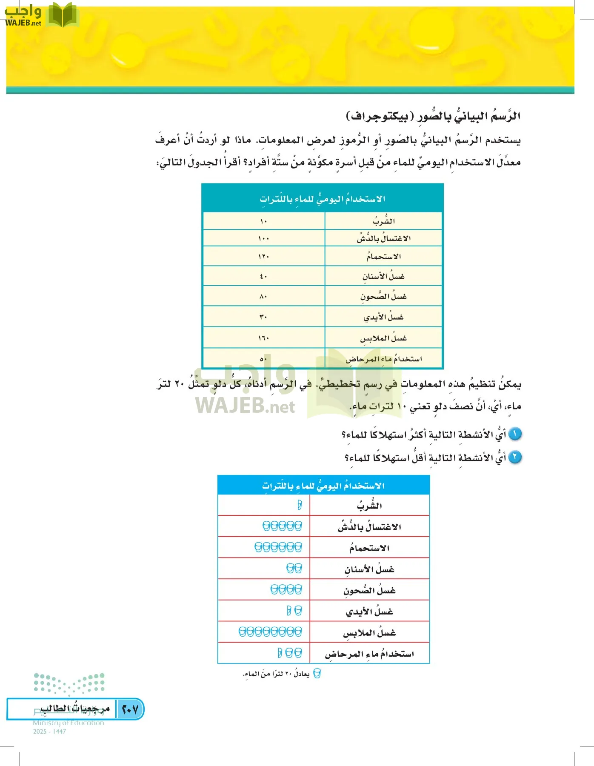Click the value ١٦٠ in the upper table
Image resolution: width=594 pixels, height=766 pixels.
[x=263, y=338]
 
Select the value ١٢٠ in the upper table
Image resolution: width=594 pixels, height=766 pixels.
[x=263, y=257]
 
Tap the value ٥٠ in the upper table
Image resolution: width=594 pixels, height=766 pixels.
[x=263, y=359]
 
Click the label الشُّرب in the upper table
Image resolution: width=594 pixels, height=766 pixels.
[x=384, y=221]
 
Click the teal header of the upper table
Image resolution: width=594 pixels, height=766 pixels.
[x=323, y=199]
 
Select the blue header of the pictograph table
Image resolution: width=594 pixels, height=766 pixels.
[x=323, y=486]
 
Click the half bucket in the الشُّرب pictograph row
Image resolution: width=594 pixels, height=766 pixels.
[x=300, y=505]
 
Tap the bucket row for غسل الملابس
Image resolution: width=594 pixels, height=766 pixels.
[x=270, y=632]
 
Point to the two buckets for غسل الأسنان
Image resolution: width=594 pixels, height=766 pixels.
[x=294, y=569]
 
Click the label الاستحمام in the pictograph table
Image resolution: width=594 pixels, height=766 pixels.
[x=369, y=548]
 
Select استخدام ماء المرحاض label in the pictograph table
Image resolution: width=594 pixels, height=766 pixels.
[x=369, y=654]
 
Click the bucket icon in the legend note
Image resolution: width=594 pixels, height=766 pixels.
[x=317, y=674]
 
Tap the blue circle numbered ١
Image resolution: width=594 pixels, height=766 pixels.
[x=515, y=434]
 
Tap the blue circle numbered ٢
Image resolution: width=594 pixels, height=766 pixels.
[x=515, y=457]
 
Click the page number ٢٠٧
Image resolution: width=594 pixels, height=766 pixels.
[x=130, y=709]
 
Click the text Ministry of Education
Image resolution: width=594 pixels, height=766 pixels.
[x=69, y=723]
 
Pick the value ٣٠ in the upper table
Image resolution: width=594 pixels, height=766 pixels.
[x=263, y=317]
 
